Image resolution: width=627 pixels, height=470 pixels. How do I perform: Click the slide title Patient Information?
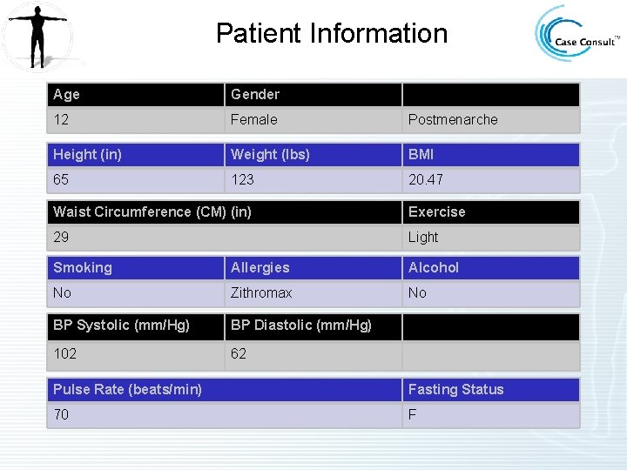point(331,34)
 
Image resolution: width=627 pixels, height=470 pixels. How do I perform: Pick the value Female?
point(253,119)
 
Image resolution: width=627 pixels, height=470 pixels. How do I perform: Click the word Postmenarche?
point(453,119)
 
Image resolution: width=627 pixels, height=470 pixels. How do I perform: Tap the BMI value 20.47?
point(426,179)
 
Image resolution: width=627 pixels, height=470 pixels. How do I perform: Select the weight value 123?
point(242,179)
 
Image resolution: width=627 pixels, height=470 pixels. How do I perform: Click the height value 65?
point(61,179)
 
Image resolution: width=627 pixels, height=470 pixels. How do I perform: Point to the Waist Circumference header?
point(152,211)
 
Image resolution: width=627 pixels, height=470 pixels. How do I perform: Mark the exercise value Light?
point(423,237)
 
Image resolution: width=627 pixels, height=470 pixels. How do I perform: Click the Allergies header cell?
point(260,267)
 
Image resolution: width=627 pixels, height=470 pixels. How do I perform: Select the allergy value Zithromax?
point(261,292)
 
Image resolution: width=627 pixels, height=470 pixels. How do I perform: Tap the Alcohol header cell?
point(434,267)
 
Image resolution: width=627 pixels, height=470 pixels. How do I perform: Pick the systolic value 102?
point(64,353)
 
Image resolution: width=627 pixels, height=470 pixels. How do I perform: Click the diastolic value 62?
point(239,353)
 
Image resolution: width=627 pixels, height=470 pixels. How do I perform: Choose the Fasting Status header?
point(455,389)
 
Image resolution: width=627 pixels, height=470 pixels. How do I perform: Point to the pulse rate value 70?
point(61,414)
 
